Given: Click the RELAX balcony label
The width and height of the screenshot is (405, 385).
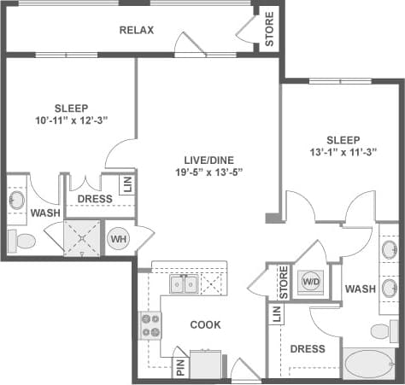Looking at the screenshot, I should [136, 31].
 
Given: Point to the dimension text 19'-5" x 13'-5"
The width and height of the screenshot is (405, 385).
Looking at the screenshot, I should [203, 173].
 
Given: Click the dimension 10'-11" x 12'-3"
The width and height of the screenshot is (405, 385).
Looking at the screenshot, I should [71, 121].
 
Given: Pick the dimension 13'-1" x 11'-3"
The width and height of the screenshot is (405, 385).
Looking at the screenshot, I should [342, 153].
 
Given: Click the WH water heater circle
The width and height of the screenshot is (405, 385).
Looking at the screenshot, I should [116, 239].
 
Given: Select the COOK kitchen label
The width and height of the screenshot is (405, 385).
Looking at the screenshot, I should [206, 324].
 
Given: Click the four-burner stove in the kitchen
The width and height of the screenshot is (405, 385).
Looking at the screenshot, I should [150, 325].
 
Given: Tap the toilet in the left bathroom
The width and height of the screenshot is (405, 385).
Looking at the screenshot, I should [23, 242].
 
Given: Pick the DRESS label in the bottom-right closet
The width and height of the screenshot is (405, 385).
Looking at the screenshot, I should [307, 348].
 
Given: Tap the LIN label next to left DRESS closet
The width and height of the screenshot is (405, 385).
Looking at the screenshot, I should [126, 185].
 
